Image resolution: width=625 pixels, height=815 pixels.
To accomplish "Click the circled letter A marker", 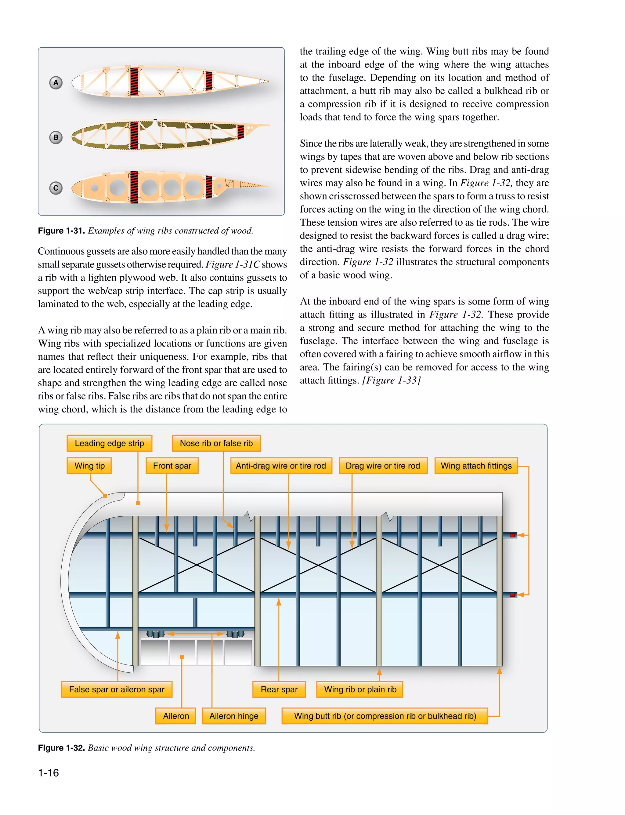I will (x=56, y=83).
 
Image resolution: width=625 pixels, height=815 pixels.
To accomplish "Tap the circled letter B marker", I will (x=56, y=137).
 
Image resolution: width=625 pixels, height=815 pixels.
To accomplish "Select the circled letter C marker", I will (x=56, y=188).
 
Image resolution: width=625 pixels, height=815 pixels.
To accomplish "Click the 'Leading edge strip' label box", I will (x=109, y=443).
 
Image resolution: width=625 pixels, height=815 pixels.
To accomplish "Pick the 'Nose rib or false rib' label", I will (x=216, y=443).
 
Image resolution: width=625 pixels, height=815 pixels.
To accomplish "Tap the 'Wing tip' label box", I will (x=89, y=466).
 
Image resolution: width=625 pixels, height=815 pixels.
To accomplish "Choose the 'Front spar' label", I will (x=172, y=466).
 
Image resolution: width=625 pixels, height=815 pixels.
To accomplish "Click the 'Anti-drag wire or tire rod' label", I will (x=281, y=466).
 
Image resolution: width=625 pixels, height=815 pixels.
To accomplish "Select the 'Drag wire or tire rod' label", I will (x=382, y=466).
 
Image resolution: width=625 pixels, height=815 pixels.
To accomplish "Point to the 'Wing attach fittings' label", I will (x=476, y=466).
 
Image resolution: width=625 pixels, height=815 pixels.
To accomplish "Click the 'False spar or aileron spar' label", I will (x=117, y=689).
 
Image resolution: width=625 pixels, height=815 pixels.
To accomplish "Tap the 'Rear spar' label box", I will (x=279, y=689).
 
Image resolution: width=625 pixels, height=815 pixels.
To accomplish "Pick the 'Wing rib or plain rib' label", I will (x=360, y=689).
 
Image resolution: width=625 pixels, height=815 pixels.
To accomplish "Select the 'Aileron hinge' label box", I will (x=234, y=716).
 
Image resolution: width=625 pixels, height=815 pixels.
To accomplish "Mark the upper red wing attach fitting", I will (x=513, y=535).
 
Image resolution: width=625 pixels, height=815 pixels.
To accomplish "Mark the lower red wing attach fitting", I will (x=513, y=595).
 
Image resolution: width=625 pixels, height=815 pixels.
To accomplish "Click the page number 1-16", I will (x=48, y=773).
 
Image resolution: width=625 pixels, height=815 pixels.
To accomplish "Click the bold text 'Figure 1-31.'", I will (x=61, y=231).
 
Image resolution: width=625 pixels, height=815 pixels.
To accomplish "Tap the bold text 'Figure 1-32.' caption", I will (x=61, y=748).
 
